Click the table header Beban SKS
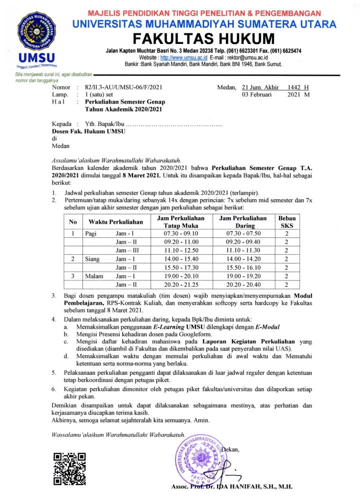[286, 222]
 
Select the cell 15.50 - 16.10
[244, 268]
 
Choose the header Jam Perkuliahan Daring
[244, 222]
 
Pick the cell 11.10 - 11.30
[244, 250]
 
